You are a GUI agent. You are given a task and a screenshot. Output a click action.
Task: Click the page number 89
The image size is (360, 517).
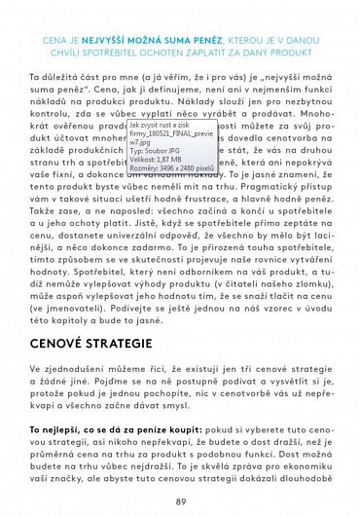[180, 501]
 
